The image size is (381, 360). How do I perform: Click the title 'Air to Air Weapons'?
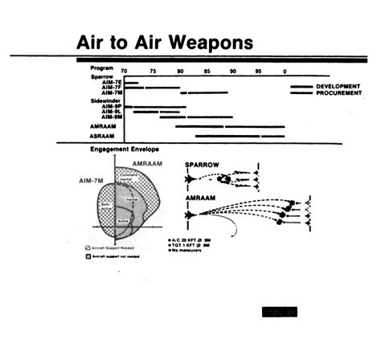tap(164, 41)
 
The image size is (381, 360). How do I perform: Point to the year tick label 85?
tap(207, 72)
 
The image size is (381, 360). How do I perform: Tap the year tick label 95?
tap(258, 72)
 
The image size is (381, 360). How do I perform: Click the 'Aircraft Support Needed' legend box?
tap(88, 247)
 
